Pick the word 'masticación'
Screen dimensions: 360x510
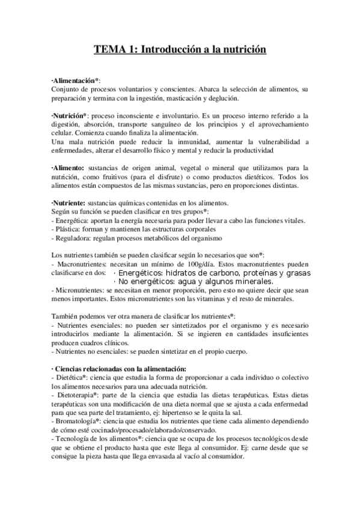186,98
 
